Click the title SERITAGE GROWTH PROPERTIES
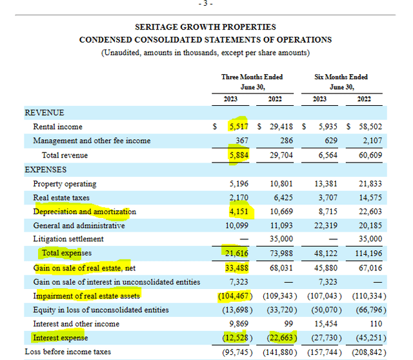[x=205, y=27]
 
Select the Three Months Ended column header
[x=252, y=77]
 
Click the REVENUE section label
[x=45, y=112]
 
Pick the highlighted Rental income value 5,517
[x=239, y=127]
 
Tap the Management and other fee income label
[x=92, y=141]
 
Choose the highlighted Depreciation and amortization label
[x=85, y=212]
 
